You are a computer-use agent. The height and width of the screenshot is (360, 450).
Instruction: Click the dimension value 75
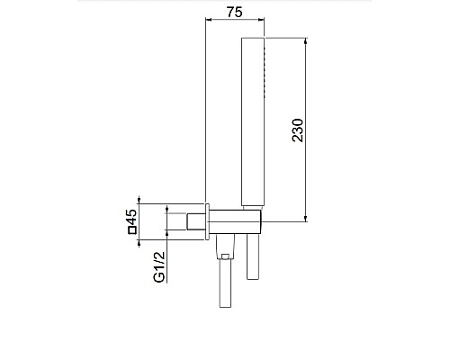tap(234, 13)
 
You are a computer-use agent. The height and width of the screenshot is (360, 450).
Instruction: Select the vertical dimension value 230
tap(298, 130)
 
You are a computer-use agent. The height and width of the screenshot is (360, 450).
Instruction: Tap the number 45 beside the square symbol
tap(131, 218)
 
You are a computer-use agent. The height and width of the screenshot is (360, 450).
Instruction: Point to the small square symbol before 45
tap(132, 230)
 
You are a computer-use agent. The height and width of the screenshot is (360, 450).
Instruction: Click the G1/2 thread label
tap(159, 267)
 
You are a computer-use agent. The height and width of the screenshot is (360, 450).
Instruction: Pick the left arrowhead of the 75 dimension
tap(209, 20)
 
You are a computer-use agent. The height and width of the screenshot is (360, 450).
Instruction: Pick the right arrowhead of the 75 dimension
tap(261, 20)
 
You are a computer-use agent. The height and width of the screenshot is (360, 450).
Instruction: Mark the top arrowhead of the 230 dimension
tap(306, 41)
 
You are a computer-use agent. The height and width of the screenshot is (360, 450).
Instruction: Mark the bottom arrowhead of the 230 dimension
tap(306, 219)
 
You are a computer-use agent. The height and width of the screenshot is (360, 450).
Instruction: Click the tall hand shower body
tap(253, 121)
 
